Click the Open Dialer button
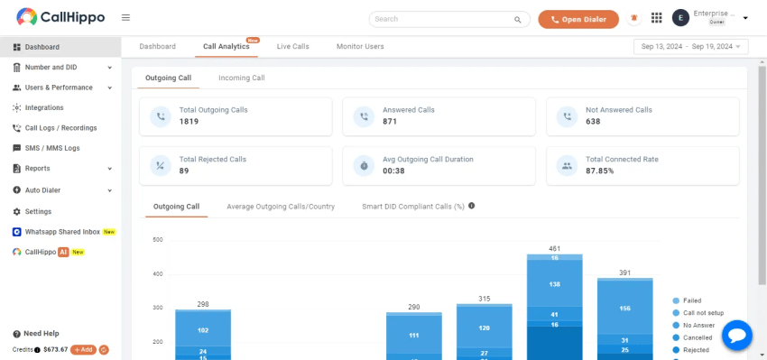click(x=578, y=19)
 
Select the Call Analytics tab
click(x=226, y=46)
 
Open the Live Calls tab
click(x=292, y=46)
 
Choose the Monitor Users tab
click(x=360, y=46)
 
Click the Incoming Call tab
click(x=241, y=78)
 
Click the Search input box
click(x=442, y=19)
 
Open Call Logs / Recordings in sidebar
click(x=60, y=128)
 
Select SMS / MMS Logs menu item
click(x=52, y=148)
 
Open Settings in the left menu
click(x=38, y=211)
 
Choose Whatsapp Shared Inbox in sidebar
click(x=62, y=232)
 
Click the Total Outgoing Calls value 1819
click(x=189, y=121)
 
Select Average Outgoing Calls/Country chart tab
click(x=281, y=207)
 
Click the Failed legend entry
click(x=691, y=300)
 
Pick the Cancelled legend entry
click(x=697, y=337)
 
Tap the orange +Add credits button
click(x=83, y=349)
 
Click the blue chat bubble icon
click(x=736, y=336)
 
